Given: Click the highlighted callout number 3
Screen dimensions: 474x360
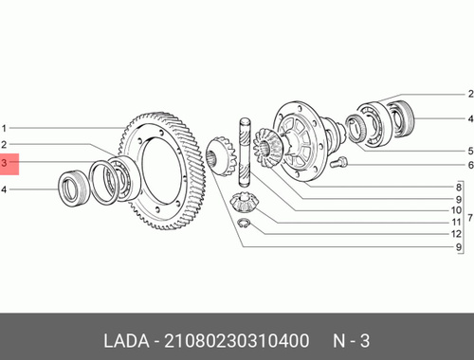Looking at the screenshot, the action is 4,163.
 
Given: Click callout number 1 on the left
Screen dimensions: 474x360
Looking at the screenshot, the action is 4,129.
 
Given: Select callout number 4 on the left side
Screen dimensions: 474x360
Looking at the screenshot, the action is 4,189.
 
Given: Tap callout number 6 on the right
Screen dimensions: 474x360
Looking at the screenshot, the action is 470,165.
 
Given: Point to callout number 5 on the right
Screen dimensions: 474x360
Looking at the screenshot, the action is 470,151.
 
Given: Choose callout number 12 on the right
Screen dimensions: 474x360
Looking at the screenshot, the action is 456,234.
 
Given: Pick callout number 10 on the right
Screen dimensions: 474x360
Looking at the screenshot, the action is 456,210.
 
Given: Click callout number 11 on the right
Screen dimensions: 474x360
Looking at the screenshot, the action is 456,223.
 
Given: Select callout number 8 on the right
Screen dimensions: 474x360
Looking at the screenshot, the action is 459,188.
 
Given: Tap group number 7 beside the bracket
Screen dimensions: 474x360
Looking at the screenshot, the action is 470,218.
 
